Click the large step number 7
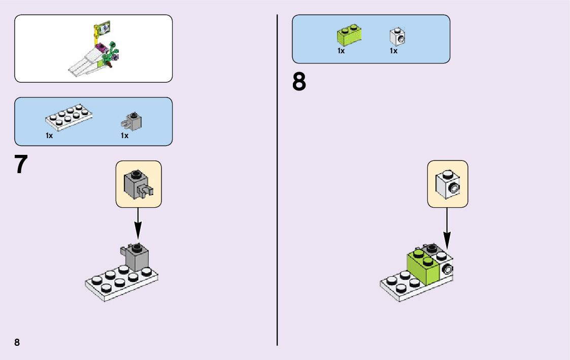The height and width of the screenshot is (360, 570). (x=20, y=165)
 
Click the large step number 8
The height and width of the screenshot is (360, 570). (x=299, y=82)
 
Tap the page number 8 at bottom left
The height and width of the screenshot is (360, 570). (x=17, y=342)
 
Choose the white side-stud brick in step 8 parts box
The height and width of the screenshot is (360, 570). (x=397, y=36)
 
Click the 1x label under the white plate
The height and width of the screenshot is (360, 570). (x=49, y=136)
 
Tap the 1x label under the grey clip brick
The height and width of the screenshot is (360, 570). (x=124, y=136)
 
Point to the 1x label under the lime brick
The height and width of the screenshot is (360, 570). (x=341, y=51)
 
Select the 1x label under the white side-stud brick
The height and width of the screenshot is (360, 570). (x=393, y=51)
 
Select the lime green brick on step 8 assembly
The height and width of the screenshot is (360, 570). (x=423, y=267)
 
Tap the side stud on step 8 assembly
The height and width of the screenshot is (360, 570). (x=447, y=269)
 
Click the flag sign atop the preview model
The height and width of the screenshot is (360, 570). (x=104, y=27)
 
